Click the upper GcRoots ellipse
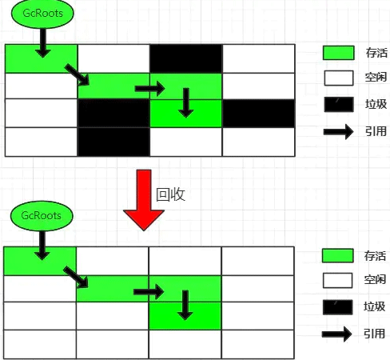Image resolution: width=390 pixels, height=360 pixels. pos(42,14)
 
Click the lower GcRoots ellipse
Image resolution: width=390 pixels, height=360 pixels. pos(42,216)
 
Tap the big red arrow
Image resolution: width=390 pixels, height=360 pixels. pos(144,200)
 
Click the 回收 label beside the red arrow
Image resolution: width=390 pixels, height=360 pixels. pos(170,194)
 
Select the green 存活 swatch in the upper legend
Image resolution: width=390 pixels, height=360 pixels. pos(339,53)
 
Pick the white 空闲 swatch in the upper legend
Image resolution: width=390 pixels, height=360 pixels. pos(339,78)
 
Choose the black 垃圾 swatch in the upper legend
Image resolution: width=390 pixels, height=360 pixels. pos(339,104)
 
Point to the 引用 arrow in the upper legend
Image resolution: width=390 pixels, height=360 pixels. pos(339,131)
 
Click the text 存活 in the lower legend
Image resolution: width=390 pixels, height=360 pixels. pos(375,256)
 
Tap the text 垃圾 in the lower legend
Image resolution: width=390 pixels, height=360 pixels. pos(375,306)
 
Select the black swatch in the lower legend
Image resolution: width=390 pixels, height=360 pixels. pos(337,307)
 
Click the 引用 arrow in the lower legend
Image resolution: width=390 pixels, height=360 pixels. pos(337,334)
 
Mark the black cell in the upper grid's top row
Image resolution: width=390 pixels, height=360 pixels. pos(186,58)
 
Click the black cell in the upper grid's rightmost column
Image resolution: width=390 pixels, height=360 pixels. pos(259,114)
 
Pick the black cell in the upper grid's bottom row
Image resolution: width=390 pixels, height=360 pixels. pos(113,142)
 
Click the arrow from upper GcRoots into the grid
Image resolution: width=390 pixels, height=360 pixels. pos(43,43)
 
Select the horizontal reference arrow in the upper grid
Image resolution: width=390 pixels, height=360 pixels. pos(150,89)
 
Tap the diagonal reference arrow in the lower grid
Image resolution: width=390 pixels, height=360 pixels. pos(76,278)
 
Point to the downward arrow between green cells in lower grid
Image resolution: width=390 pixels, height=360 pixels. pos(185,305)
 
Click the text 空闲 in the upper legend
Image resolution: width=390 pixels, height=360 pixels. pos(376,78)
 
